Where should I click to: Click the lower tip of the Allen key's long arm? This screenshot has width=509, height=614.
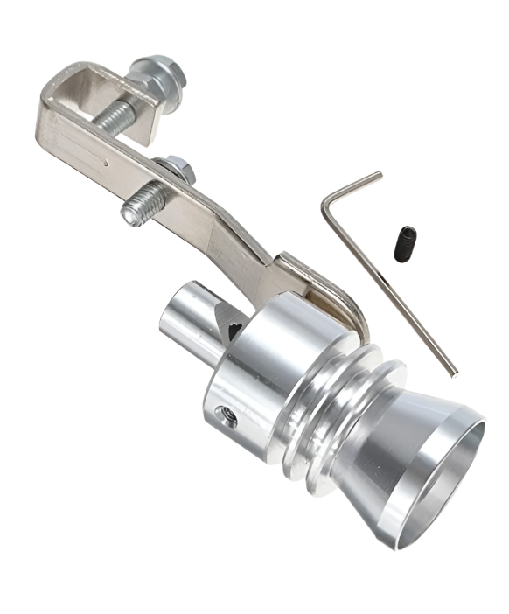[x=453, y=373]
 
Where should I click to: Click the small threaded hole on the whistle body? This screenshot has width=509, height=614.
[x=230, y=420]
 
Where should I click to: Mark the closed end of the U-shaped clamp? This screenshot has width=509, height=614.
[x=48, y=114]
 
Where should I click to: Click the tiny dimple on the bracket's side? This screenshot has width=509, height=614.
[x=106, y=162]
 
